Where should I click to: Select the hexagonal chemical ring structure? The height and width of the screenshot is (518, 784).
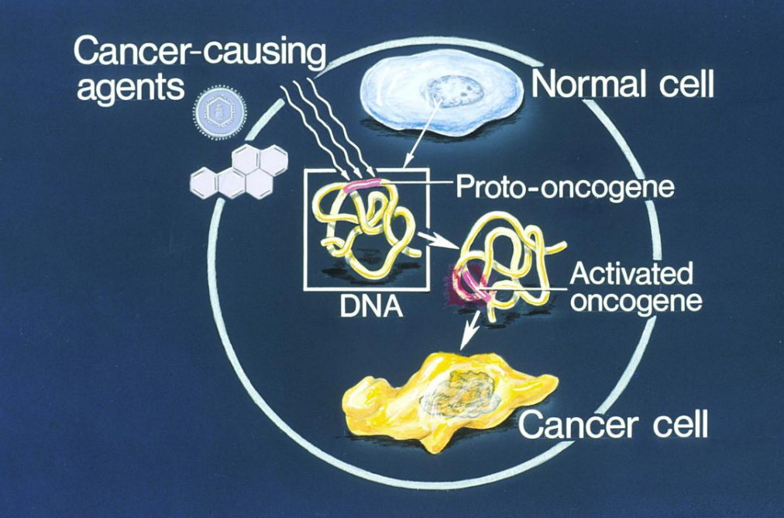(x=236, y=173)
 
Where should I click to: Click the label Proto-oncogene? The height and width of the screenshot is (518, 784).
(x=564, y=187)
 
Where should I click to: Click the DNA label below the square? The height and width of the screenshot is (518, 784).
(x=370, y=304)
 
